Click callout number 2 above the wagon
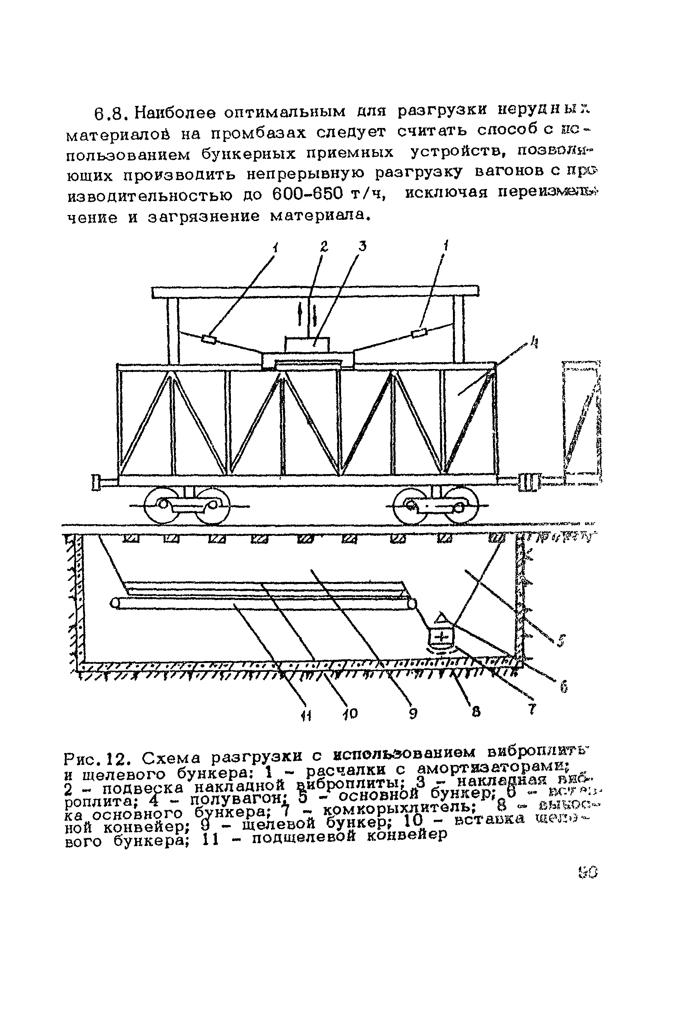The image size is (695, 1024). (x=324, y=247)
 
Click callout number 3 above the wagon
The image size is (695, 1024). (x=362, y=246)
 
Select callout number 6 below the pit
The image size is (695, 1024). (x=562, y=685)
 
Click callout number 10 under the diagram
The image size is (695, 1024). (x=352, y=713)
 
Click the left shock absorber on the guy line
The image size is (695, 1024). (x=209, y=339)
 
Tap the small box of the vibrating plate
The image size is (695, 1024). (x=307, y=344)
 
